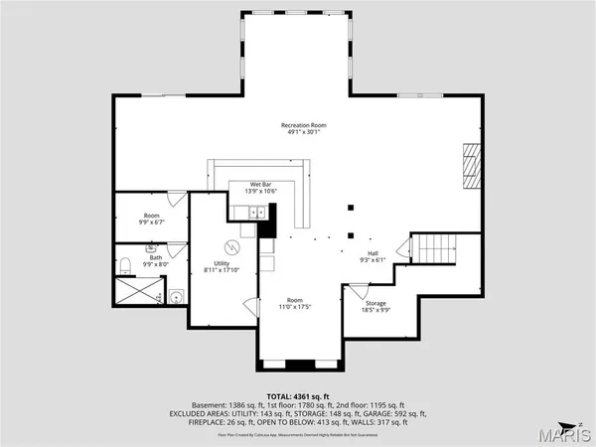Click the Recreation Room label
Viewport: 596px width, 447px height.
click(303, 125)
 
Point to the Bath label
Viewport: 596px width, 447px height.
click(156, 257)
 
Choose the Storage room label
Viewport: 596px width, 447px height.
click(374, 303)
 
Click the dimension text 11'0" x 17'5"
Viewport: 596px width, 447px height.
click(295, 306)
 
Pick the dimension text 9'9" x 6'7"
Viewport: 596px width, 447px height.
click(152, 222)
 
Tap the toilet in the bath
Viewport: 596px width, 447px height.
click(125, 266)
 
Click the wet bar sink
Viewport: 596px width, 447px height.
click(254, 211)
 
